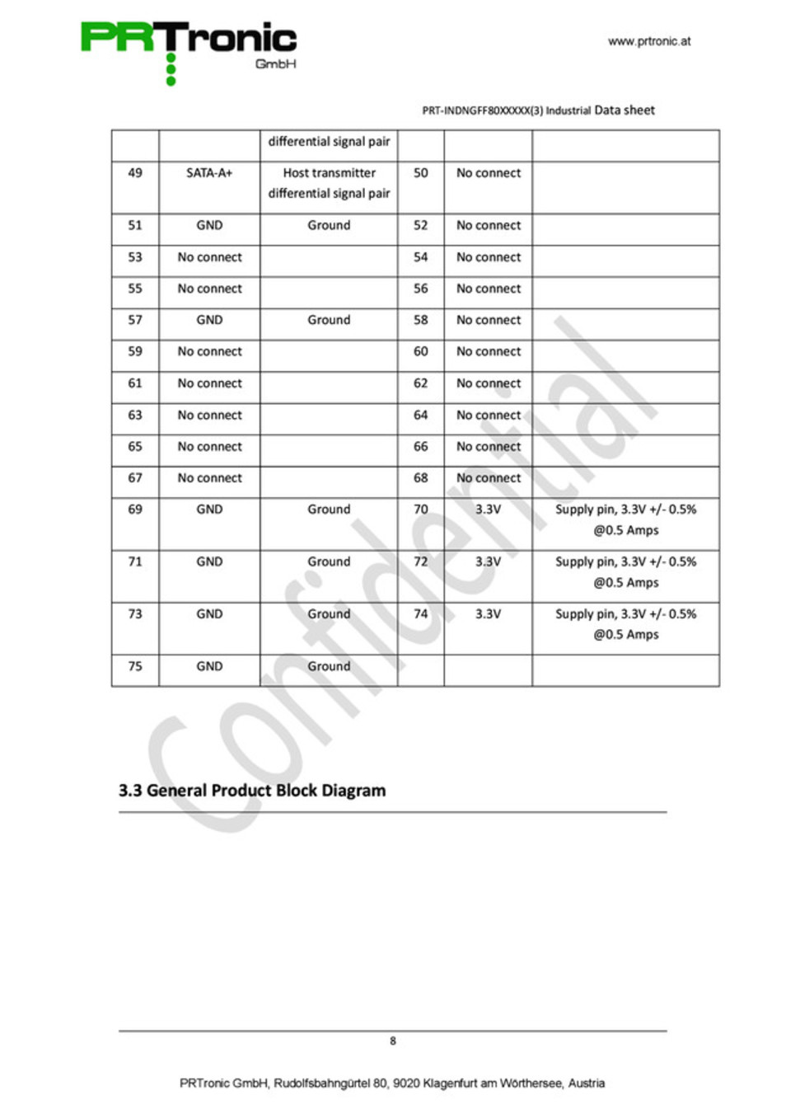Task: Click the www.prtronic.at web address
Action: pyautogui.click(x=649, y=41)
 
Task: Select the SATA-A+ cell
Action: pyautogui.click(x=209, y=173)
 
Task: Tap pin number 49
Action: pyautogui.click(x=135, y=173)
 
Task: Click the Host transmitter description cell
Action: pyautogui.click(x=329, y=183)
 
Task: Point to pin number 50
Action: pyautogui.click(x=421, y=173)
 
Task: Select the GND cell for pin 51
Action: pyautogui.click(x=209, y=225)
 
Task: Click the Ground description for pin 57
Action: pyautogui.click(x=329, y=320)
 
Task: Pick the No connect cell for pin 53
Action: pyautogui.click(x=209, y=257)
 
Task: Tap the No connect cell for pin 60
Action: pyautogui.click(x=489, y=351)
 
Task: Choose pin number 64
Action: pyautogui.click(x=421, y=415)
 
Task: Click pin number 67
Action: pyautogui.click(x=135, y=478)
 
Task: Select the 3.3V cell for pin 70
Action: pyautogui.click(x=488, y=510)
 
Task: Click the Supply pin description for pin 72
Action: pyautogui.click(x=625, y=572)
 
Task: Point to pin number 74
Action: pyautogui.click(x=421, y=614)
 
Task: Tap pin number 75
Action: pyautogui.click(x=135, y=666)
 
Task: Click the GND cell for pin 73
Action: pyautogui.click(x=209, y=614)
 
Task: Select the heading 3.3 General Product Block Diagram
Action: pyautogui.click(x=252, y=791)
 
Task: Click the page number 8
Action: pyautogui.click(x=393, y=1041)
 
